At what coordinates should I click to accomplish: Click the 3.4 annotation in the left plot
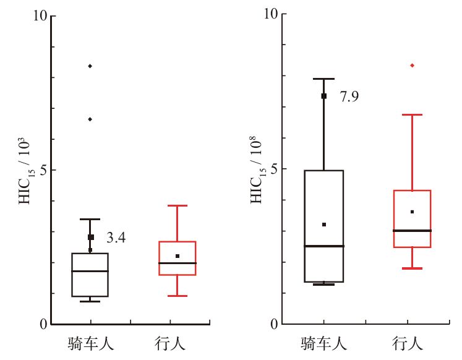pyautogui.click(x=116, y=238)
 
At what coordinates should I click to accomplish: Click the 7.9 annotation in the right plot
pyautogui.click(x=349, y=96)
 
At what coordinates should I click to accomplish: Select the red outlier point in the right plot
pyautogui.click(x=412, y=65)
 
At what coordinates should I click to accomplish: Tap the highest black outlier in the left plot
pyautogui.click(x=90, y=66)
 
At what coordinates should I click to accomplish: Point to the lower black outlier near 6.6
pyautogui.click(x=90, y=119)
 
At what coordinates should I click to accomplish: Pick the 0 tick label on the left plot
pyautogui.click(x=43, y=324)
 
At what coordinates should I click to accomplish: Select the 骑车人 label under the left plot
pyautogui.click(x=91, y=342)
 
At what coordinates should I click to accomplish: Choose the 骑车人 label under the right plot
pyautogui.click(x=323, y=342)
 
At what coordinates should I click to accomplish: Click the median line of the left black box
pyautogui.click(x=90, y=271)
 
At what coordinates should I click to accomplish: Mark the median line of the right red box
pyautogui.click(x=412, y=230)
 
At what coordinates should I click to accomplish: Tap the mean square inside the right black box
pyautogui.click(x=323, y=225)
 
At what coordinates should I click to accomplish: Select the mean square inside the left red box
pyautogui.click(x=178, y=256)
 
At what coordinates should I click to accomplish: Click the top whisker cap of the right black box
pyautogui.click(x=323, y=79)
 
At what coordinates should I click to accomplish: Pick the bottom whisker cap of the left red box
pyautogui.click(x=178, y=296)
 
